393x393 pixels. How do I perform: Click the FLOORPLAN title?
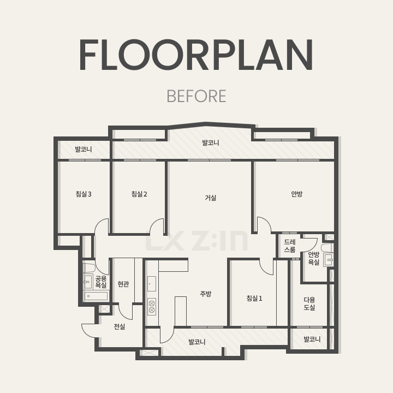196,55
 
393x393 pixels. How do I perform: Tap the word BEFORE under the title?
196,96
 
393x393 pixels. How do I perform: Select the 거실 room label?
211,198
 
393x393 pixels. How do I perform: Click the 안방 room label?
297,194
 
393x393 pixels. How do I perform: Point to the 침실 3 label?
84,194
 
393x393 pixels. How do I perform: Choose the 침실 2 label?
139,194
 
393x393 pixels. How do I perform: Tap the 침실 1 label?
254,298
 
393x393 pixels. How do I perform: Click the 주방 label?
206,294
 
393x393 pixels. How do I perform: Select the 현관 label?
123,284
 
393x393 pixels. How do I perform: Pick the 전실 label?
120,326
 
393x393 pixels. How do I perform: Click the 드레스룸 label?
290,246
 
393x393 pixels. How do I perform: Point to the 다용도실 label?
309,303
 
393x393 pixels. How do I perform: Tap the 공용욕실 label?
101,282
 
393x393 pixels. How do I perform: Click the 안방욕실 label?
313,258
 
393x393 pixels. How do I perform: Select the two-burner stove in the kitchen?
152,307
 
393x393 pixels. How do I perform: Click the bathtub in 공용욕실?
96,296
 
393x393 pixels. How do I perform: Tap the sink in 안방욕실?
329,260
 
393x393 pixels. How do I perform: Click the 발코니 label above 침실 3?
84,150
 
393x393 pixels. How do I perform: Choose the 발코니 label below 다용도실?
312,339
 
